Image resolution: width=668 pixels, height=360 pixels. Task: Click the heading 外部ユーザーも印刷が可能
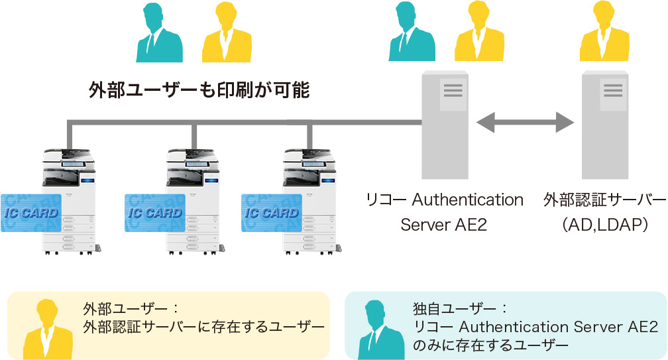(199, 90)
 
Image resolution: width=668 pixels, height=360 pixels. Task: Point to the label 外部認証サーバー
(604, 200)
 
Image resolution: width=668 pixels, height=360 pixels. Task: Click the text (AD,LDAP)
(604, 225)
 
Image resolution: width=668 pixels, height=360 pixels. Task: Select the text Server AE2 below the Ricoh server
(444, 225)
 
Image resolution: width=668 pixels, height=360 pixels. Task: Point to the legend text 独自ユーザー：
(460, 309)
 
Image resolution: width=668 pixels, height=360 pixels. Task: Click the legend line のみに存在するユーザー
(490, 345)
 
